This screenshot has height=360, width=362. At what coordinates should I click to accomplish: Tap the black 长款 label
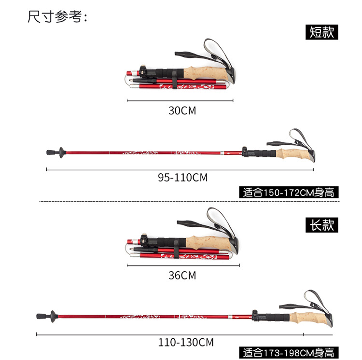point(322,224)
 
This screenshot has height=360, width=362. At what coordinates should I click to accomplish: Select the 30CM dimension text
point(182,111)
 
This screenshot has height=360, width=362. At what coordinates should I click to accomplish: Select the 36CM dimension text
point(182,276)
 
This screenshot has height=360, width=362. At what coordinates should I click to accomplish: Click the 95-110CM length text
point(182,178)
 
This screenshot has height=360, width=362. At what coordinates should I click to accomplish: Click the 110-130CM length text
point(186,343)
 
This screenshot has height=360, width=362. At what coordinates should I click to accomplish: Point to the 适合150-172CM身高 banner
point(289,192)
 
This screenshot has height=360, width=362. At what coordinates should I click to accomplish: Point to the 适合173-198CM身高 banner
point(289,353)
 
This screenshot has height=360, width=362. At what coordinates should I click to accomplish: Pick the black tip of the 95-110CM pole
point(50,152)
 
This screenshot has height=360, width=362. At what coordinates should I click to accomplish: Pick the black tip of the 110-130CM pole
point(40,317)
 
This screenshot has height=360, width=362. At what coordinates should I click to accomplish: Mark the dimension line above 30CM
point(180,101)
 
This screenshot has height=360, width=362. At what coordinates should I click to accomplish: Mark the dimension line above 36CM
point(182,265)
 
